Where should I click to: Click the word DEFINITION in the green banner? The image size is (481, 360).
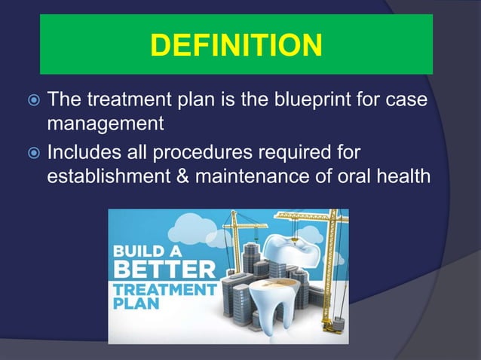tap(236, 45)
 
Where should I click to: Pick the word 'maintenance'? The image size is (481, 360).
tap(254, 175)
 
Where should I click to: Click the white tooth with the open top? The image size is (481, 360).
tap(271, 309)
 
